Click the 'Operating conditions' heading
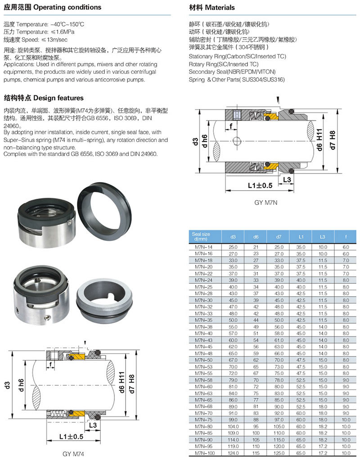67,7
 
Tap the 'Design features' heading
58,98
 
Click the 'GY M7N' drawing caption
266,203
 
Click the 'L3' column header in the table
322,237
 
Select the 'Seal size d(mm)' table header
201,236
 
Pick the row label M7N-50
204,360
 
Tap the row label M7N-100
205,453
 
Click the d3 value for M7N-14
233,247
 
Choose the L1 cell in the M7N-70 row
301,413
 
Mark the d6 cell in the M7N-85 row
256,433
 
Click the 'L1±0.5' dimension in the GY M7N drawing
260,186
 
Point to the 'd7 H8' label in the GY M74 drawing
131,384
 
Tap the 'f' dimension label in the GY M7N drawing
231,126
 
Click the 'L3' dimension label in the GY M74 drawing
93,425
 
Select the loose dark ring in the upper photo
104,212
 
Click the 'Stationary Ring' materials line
238,56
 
